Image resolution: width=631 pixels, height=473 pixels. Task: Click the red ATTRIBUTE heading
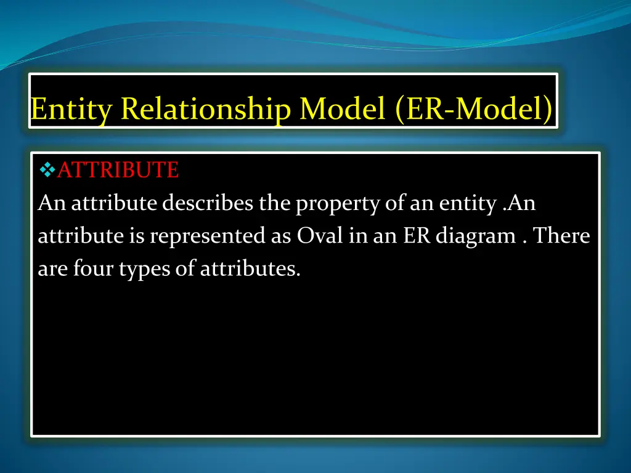click(x=118, y=169)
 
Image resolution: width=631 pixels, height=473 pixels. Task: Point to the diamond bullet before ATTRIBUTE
click(x=47, y=169)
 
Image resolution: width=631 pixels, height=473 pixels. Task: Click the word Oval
click(x=322, y=236)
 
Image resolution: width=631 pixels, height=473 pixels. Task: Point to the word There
click(x=561, y=236)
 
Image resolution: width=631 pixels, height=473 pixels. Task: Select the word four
click(x=81, y=269)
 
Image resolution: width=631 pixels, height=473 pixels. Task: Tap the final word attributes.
click(x=250, y=269)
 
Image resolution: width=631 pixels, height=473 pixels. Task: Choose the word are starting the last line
click(x=49, y=270)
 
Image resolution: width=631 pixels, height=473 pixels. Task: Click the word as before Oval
click(x=282, y=237)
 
